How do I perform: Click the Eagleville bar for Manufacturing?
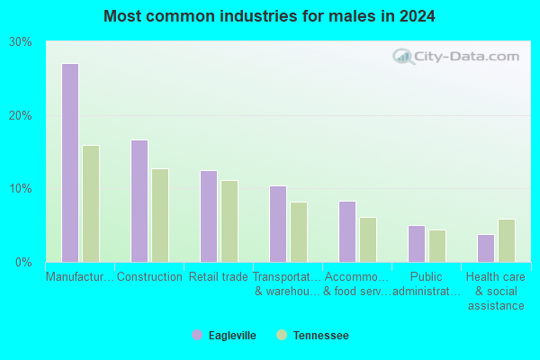coord(70,163)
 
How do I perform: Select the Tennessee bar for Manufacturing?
coord(91,203)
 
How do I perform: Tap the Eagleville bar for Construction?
coord(139,201)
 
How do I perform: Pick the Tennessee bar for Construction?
coord(160,215)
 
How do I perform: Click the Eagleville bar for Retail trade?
coord(209,216)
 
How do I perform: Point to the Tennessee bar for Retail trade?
coord(229,221)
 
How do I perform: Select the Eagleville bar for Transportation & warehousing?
coord(278,224)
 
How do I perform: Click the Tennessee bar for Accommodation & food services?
coord(368,239)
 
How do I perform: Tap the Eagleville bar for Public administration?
coord(417,244)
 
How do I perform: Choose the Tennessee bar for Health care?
coord(507,241)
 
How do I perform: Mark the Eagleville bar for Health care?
coord(486,248)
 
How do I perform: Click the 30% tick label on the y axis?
coord(21,42)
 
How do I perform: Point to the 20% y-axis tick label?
coord(21,116)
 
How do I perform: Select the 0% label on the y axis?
coord(23,263)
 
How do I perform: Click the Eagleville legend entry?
coord(224,335)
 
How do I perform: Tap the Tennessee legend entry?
coord(312,335)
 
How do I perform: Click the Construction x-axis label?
coord(149,276)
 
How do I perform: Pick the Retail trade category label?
coord(219,276)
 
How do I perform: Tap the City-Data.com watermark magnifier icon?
coord(403,57)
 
